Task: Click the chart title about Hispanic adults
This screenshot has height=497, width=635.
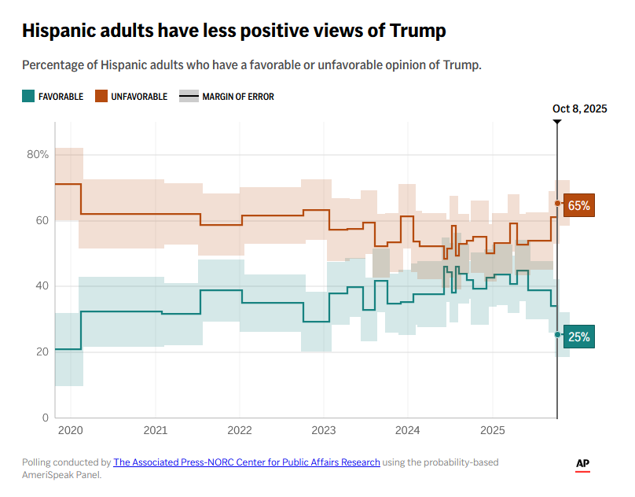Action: [x=234, y=31]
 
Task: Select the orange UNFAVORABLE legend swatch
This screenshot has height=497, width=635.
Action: [x=101, y=97]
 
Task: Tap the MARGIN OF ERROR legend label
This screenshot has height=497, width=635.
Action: [x=237, y=97]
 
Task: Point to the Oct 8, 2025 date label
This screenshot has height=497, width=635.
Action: [x=579, y=109]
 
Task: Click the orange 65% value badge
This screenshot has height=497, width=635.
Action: [x=578, y=205]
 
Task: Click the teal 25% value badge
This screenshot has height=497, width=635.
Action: [x=578, y=337]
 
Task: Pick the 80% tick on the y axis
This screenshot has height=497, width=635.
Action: [x=38, y=154]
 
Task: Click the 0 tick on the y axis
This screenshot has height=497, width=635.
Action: [x=46, y=418]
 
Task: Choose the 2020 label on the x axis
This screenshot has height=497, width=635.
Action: [x=70, y=431]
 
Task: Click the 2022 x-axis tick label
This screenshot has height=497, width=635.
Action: [x=239, y=431]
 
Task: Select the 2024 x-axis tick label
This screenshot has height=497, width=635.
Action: [x=407, y=431]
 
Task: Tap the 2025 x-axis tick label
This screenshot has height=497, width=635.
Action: [x=492, y=431]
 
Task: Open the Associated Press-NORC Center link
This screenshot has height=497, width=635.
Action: [x=247, y=462]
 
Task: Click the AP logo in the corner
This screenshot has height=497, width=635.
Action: [x=582, y=465]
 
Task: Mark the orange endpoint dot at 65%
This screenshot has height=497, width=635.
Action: [x=557, y=204]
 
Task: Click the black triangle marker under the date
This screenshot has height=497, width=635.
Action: [x=557, y=122]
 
